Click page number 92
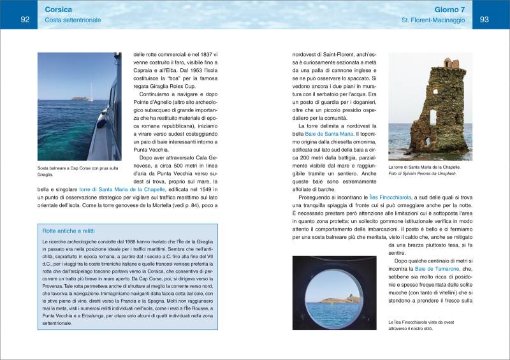pyautogui.click(x=25, y=20)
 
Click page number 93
pyautogui.click(x=484, y=20)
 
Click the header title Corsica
pyautogui.click(x=59, y=10)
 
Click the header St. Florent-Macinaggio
pyautogui.click(x=433, y=22)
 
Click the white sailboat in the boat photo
pyautogui.click(x=90, y=99)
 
